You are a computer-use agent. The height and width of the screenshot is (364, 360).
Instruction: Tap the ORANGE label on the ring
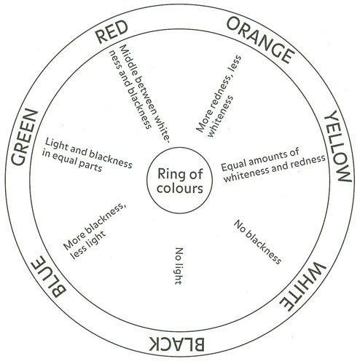(x=260, y=40)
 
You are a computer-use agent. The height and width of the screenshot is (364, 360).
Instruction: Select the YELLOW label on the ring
(x=338, y=146)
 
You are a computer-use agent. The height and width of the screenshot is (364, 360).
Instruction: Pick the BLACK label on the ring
(x=176, y=344)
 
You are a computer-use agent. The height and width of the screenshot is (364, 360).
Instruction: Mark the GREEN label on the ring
(x=24, y=137)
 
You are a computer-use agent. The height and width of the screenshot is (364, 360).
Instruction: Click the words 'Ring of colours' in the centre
(x=180, y=181)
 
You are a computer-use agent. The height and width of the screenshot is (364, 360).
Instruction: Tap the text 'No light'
(x=179, y=266)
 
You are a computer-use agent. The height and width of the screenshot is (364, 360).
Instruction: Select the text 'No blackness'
(x=257, y=242)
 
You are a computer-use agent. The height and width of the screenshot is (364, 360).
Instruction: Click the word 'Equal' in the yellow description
(x=234, y=165)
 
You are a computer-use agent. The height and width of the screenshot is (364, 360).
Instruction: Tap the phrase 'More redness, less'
(x=219, y=94)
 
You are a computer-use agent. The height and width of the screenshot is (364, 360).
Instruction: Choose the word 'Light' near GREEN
(x=55, y=145)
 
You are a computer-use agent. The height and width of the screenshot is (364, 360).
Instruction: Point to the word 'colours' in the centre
(x=180, y=189)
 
